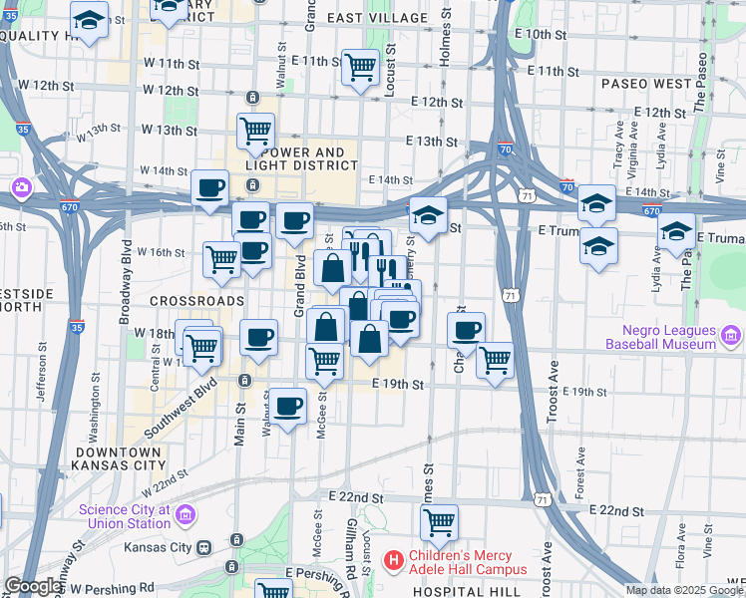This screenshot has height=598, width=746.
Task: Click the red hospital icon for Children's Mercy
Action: pyautogui.click(x=394, y=562)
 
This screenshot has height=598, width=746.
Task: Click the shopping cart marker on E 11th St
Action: pyautogui.click(x=360, y=68)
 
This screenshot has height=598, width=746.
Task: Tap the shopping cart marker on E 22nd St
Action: pyautogui.click(x=439, y=520)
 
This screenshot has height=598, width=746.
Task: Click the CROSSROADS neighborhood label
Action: pyautogui.click(x=196, y=300)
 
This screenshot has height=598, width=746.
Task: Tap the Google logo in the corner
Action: pyautogui.click(x=33, y=587)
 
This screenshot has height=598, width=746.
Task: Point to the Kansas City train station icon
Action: pyautogui.click(x=204, y=547)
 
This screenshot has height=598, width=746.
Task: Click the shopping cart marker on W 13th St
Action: pyautogui.click(x=255, y=130)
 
